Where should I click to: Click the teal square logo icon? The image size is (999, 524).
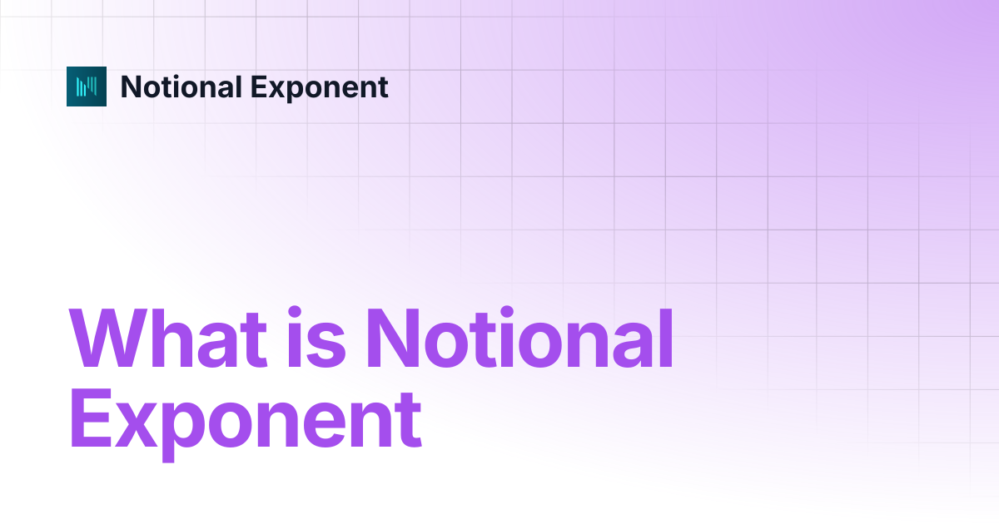[x=87, y=87]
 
